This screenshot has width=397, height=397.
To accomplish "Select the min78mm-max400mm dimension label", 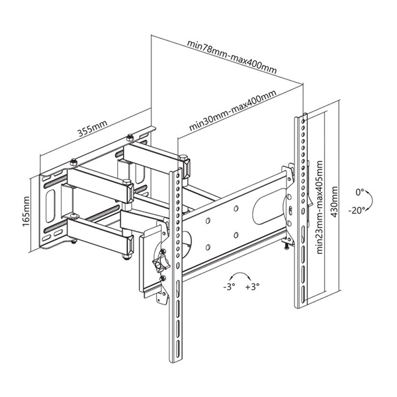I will click(x=231, y=56).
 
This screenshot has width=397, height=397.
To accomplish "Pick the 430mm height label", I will click(x=335, y=198).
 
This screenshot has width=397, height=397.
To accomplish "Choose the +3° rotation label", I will click(x=252, y=288).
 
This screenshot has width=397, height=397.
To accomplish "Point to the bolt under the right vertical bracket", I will click(x=286, y=245).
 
